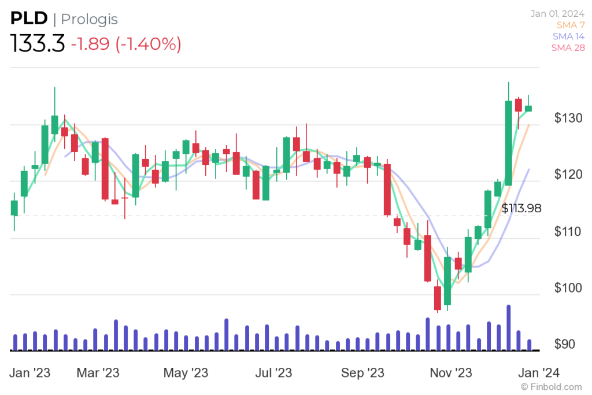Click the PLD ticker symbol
[28, 19]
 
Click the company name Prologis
[90, 19]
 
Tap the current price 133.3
[38, 44]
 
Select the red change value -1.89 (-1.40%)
[126, 44]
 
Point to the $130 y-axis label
[568, 119]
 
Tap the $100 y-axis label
[568, 288]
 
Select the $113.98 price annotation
[521, 209]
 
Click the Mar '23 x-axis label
[98, 373]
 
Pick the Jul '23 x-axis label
[273, 373]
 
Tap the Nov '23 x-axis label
[451, 373]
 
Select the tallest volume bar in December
[508, 327]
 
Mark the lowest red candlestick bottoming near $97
[438, 298]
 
